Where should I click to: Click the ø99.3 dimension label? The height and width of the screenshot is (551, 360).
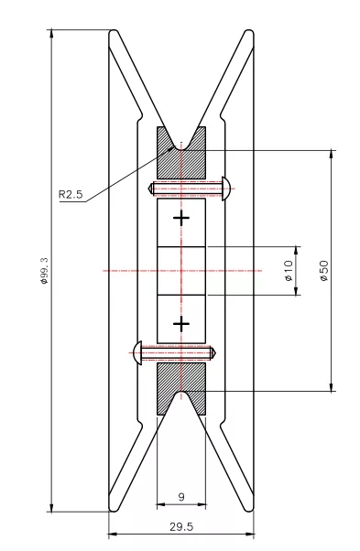click(x=44, y=271)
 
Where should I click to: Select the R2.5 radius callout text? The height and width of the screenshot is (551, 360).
click(x=71, y=194)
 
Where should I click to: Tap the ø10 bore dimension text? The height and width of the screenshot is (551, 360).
click(x=289, y=271)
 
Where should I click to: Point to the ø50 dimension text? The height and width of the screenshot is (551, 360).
click(x=323, y=271)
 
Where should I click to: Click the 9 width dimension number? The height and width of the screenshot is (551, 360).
click(x=181, y=497)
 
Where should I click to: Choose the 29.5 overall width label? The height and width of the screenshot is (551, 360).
click(x=181, y=527)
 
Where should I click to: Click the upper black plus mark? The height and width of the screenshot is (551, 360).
click(x=181, y=218)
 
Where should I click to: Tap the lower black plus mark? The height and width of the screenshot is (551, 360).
click(x=181, y=324)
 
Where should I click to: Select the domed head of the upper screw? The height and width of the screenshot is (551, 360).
click(x=226, y=189)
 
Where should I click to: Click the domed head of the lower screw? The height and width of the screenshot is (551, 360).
click(x=137, y=352)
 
